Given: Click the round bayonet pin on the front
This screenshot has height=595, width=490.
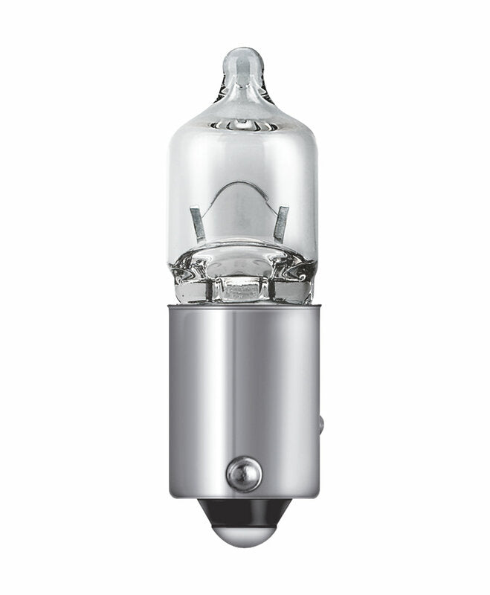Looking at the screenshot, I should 244,474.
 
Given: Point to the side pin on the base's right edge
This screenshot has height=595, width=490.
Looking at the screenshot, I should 320,425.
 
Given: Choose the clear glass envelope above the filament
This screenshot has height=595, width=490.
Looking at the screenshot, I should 242,156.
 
